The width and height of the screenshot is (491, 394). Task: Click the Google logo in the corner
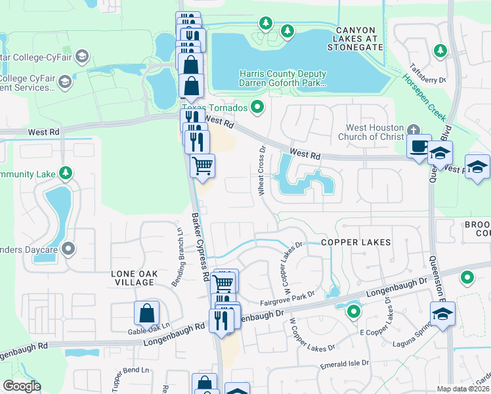(22, 385)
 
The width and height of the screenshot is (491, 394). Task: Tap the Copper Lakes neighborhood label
(356, 242)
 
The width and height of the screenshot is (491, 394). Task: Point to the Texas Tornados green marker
(258, 107)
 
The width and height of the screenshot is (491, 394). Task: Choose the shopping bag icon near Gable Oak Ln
(146, 313)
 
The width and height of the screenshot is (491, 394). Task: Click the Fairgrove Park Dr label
(284, 301)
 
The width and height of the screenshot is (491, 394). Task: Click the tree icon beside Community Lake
(65, 173)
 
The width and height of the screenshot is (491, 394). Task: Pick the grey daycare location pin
(69, 248)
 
